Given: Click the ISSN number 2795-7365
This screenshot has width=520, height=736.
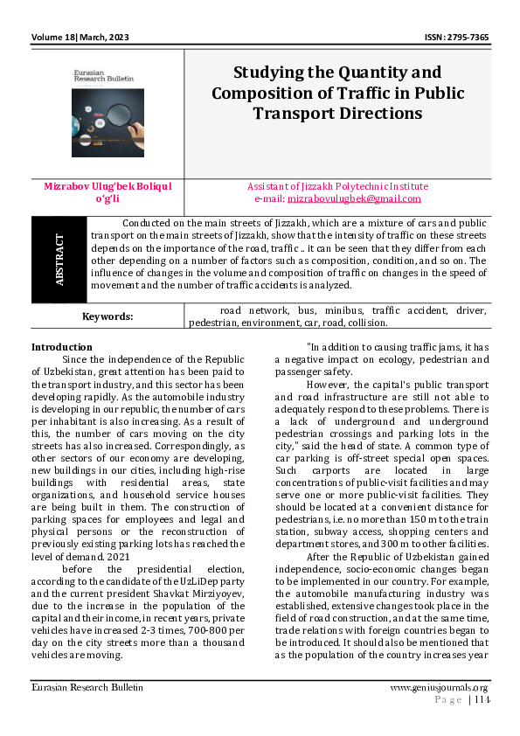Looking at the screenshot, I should tap(458, 38).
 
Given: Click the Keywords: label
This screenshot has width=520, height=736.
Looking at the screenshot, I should tap(108, 316).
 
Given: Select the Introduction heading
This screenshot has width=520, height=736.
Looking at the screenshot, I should tap(61, 347).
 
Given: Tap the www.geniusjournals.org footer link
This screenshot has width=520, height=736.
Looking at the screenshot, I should tap(439, 688).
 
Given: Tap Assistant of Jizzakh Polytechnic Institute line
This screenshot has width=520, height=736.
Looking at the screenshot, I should tap(337, 186).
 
